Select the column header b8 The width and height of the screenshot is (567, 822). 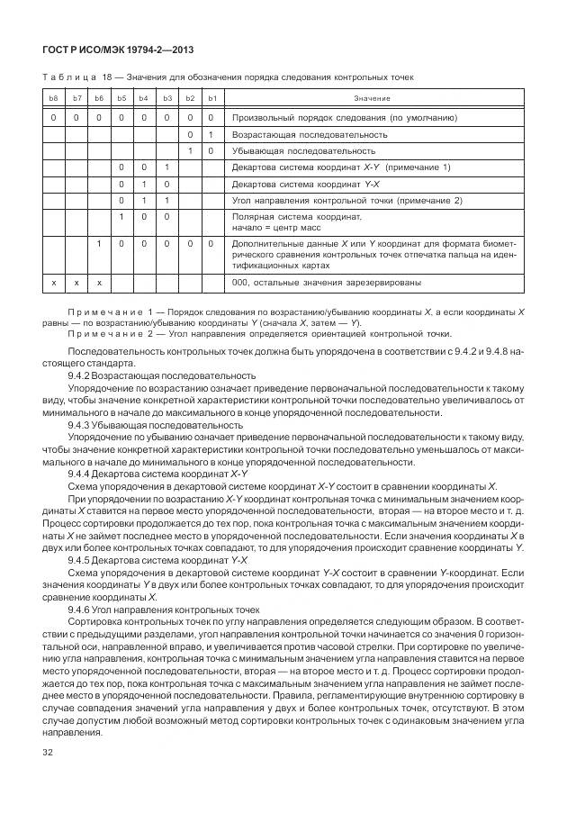[53, 97]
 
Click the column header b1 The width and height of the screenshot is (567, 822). [211, 97]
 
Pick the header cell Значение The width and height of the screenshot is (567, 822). [372, 97]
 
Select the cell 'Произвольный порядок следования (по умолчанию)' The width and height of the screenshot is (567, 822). [345, 117]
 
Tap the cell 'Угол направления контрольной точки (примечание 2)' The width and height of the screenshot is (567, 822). [346, 200]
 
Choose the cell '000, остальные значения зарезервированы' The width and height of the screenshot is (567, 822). [326, 283]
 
